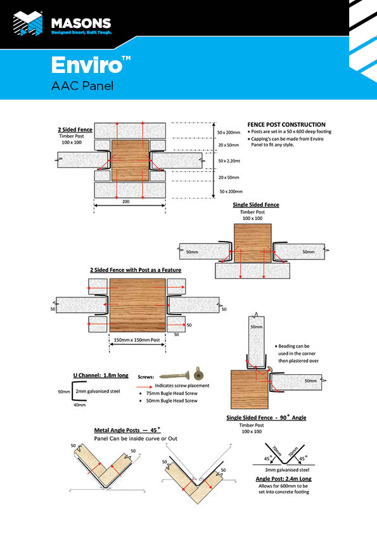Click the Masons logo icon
click(29, 23)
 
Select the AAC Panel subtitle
click(82, 86)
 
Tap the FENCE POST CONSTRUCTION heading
click(286, 124)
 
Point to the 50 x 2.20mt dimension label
click(231, 161)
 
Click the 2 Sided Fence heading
click(75, 129)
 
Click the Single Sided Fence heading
click(256, 205)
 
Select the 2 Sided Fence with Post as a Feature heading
click(136, 270)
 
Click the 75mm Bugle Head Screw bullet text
click(170, 393)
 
